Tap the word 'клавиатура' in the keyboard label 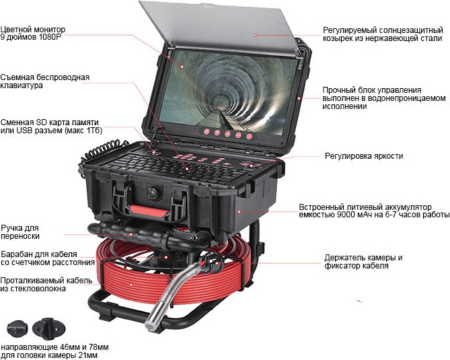click(x=22, y=85)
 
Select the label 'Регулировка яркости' click(x=364, y=156)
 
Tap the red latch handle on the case click(x=150, y=211)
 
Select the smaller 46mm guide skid click(x=17, y=330)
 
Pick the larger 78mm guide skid click(x=48, y=329)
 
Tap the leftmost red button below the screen click(x=207, y=132)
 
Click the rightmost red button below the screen click(x=249, y=137)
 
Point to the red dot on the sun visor click(x=256, y=35)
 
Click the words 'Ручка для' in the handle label click(x=20, y=229)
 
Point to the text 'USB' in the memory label click(x=24, y=131)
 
